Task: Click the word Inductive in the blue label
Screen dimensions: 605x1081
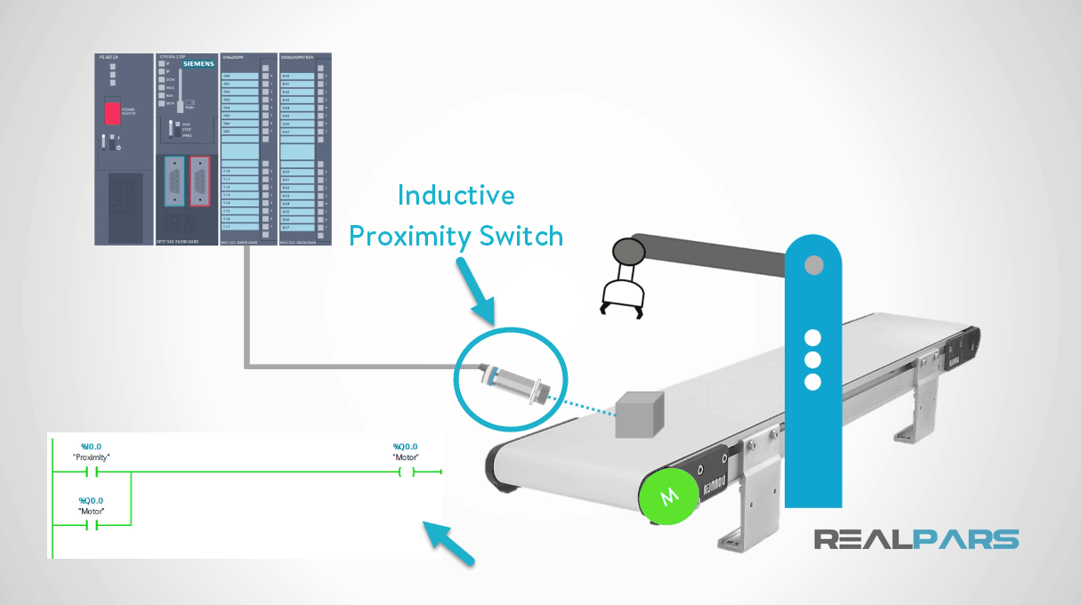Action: click(x=456, y=195)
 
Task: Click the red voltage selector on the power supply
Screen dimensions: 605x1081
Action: click(x=112, y=113)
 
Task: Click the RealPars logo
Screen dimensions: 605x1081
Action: click(x=916, y=539)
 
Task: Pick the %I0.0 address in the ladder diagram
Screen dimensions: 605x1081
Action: click(x=91, y=447)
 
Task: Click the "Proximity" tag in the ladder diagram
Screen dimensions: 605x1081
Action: click(x=91, y=457)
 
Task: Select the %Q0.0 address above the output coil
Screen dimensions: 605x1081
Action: click(x=405, y=447)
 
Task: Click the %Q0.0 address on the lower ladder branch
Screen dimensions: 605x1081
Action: click(x=91, y=501)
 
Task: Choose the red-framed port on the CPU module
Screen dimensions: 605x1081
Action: click(x=200, y=182)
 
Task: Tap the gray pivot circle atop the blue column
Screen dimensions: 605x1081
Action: click(x=813, y=265)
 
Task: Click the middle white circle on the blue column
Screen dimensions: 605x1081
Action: click(x=812, y=360)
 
